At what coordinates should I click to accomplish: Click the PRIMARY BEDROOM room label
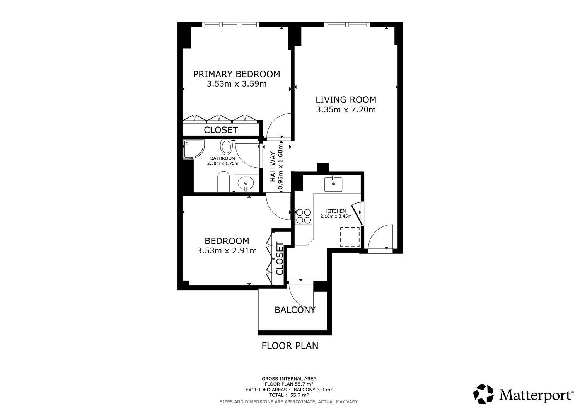237,74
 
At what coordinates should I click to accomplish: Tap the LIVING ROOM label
346,100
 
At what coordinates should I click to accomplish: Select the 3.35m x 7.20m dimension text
346,110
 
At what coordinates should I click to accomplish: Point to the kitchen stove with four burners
304,216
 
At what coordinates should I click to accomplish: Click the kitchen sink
333,184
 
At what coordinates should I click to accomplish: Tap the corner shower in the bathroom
193,149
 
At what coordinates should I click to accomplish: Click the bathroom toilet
223,182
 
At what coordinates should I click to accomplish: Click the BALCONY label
295,310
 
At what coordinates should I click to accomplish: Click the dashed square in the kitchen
350,237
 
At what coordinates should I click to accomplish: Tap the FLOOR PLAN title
290,346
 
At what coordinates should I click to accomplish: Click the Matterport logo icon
483,394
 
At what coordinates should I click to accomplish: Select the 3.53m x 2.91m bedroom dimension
227,251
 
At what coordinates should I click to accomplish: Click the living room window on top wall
347,25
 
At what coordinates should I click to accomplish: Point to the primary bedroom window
230,25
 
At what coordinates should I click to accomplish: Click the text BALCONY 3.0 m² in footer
313,390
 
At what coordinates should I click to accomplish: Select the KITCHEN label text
336,211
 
